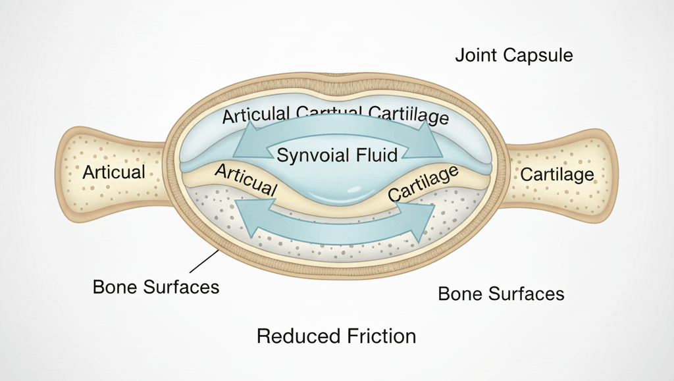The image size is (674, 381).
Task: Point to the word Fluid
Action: tap(377, 155)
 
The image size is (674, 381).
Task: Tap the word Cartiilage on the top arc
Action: tap(409, 116)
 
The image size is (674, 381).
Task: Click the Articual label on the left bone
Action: tap(114, 172)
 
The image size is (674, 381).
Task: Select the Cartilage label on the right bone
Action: tap(557, 175)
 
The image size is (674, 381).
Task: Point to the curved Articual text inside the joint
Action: tap(246, 179)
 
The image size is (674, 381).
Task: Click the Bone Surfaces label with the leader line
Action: tap(156, 288)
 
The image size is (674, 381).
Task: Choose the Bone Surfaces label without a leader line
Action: tap(501, 293)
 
